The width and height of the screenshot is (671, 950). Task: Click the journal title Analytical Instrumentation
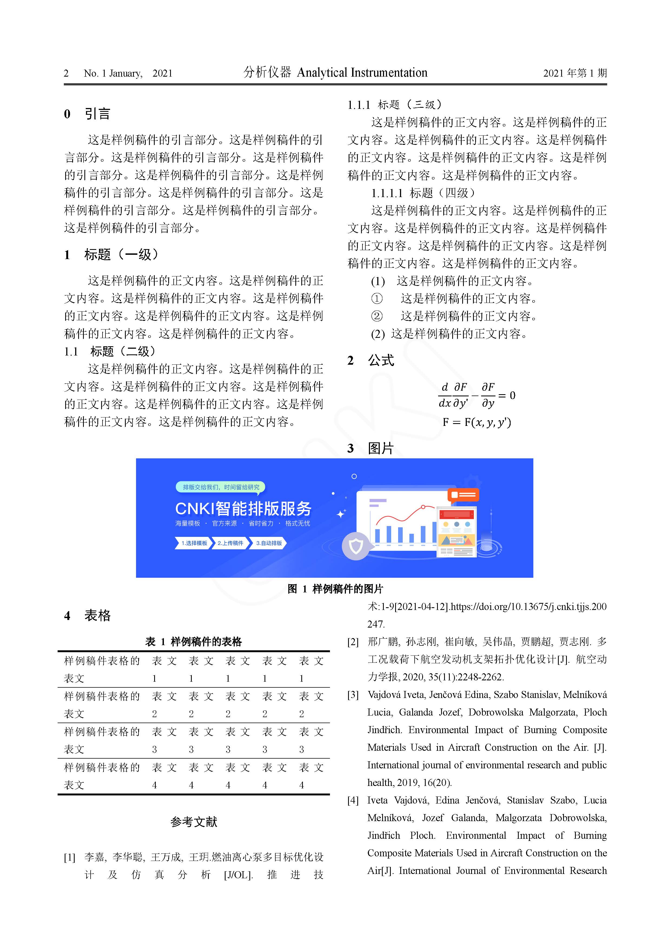point(362,73)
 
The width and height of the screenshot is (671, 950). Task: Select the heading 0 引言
point(87,114)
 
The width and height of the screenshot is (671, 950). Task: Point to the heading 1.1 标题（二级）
point(110,352)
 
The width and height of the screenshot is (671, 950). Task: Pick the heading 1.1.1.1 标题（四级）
point(423,193)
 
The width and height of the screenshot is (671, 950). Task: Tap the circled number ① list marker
point(377,299)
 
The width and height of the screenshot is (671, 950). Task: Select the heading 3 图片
point(371,449)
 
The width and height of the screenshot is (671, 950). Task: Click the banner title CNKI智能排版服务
point(243,508)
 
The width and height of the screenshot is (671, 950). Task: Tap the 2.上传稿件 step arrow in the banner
point(230,543)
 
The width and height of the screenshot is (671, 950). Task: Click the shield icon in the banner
point(356,547)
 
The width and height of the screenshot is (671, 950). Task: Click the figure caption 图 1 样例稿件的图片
point(335,589)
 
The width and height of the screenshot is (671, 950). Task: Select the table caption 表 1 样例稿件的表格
point(193,642)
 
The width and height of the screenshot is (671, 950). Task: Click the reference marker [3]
point(353,695)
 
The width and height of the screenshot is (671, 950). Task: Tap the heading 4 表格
point(87,616)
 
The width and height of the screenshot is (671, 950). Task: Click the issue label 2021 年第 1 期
point(575,74)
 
